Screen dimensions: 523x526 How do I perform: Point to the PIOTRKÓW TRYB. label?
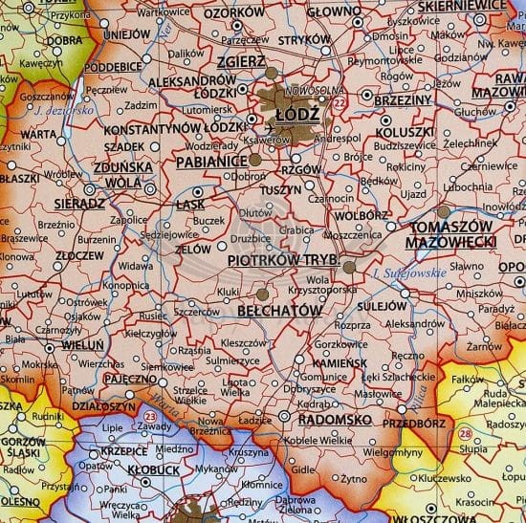coord(279,259)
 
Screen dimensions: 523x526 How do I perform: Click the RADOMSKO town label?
coord(332,418)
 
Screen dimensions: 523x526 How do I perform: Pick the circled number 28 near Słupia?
coord(466,435)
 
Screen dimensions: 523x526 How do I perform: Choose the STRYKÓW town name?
coord(303,41)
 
